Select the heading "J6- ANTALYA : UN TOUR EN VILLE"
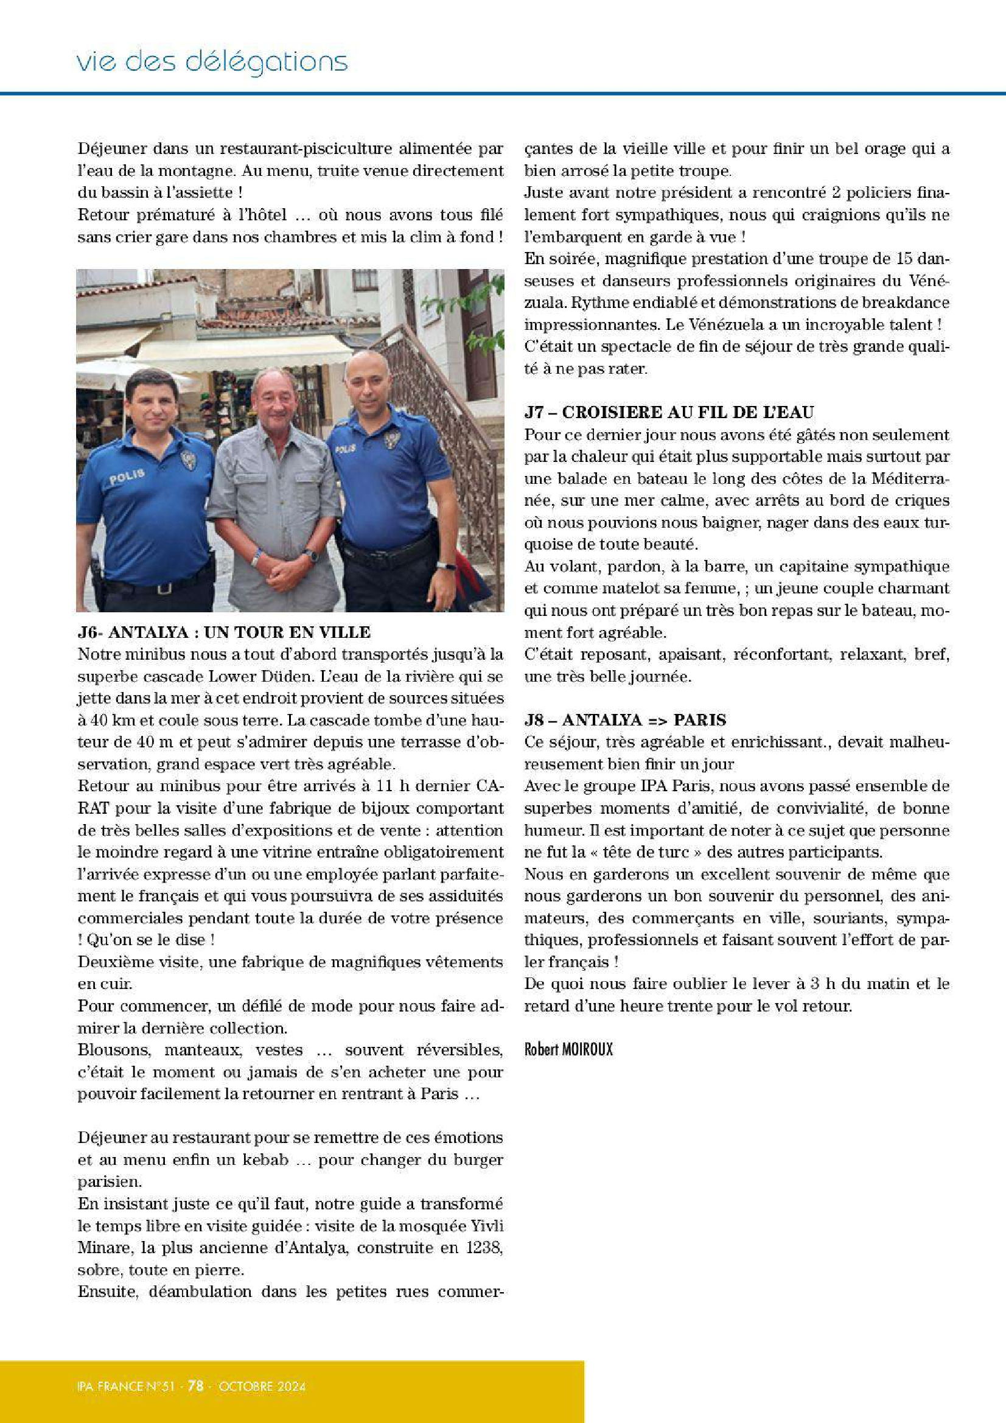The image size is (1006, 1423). tap(224, 632)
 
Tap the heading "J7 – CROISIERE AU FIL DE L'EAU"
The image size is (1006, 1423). tap(669, 412)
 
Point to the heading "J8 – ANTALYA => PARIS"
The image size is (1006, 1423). tap(625, 720)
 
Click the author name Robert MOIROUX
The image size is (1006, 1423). tap(568, 1049)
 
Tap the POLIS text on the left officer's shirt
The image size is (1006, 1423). tap(127, 476)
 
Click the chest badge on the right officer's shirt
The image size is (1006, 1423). tap(391, 439)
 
